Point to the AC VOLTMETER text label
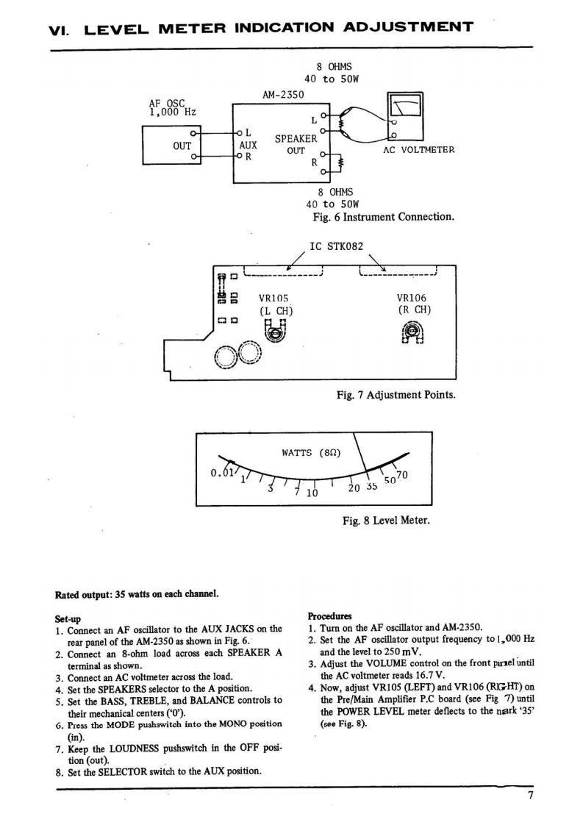tap(419, 150)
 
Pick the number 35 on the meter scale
tap(371, 486)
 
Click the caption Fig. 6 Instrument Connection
tap(383, 217)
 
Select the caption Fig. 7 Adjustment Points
tap(396, 395)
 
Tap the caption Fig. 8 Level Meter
tap(386, 521)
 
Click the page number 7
tap(530, 795)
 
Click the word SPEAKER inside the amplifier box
tap(296, 138)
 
